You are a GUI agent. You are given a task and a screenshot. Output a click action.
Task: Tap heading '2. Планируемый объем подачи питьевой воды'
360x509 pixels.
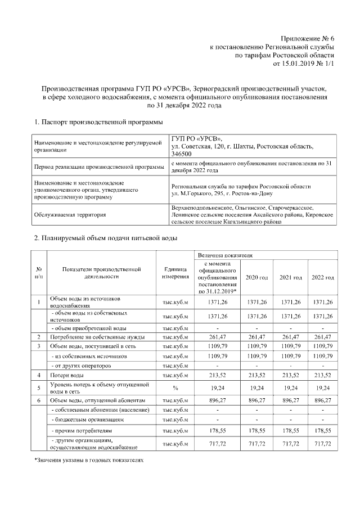click(106, 238)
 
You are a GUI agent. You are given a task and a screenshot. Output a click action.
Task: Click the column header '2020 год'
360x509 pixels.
click(256, 278)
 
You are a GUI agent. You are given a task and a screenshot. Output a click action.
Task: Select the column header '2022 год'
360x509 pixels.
click(323, 278)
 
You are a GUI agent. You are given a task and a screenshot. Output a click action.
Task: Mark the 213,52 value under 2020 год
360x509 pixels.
click(256, 374)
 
